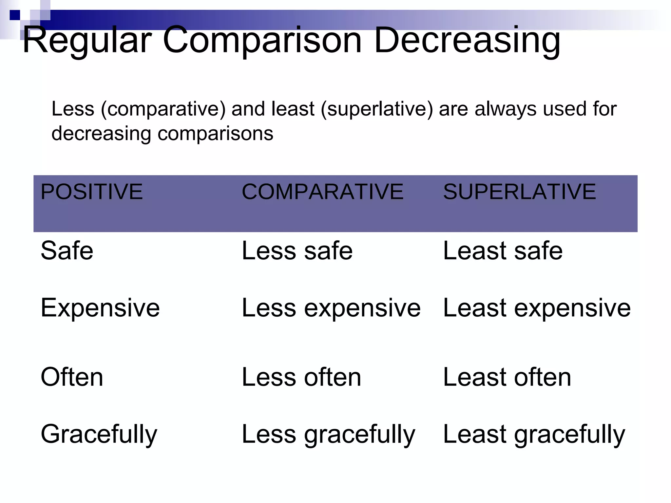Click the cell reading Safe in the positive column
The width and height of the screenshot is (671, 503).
[x=67, y=251]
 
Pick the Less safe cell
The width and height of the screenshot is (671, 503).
[x=297, y=251]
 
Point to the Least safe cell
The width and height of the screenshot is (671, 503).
[x=503, y=251]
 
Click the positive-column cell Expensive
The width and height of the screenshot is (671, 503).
[x=100, y=308]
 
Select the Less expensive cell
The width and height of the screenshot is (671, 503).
[x=331, y=308]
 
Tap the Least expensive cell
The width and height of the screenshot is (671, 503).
[x=537, y=308]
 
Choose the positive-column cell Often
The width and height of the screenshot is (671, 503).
[x=72, y=377]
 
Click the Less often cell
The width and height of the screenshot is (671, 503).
[x=301, y=377]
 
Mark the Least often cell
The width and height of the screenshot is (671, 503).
[x=507, y=377]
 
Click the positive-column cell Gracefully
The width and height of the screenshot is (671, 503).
[x=99, y=435]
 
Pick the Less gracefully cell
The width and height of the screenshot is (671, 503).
[x=328, y=435]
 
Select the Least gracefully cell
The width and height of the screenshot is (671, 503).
[x=534, y=435]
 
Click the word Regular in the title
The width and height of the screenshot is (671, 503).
[x=87, y=41]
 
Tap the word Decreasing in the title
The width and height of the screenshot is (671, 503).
[x=467, y=41]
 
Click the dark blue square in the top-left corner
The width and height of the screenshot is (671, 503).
[x=15, y=15]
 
